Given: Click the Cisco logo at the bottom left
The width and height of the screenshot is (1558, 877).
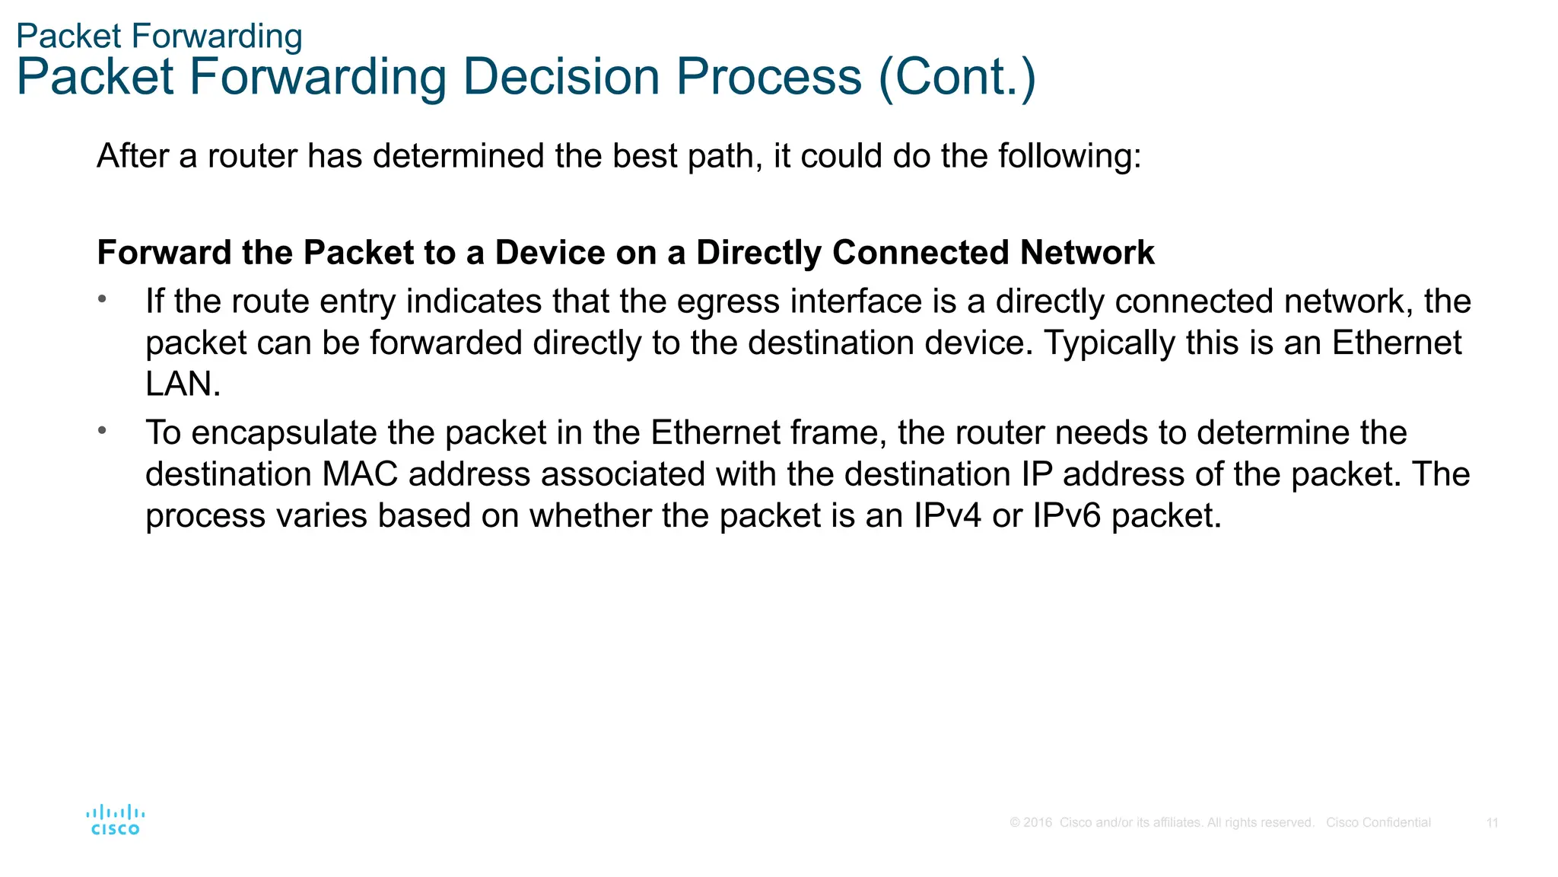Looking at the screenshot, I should tap(115, 820).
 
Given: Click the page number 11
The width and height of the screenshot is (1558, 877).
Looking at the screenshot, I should tap(1492, 823).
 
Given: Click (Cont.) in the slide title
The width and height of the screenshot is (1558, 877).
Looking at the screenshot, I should tap(956, 77).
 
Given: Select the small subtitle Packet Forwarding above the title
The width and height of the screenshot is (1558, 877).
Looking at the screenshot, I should tap(159, 37).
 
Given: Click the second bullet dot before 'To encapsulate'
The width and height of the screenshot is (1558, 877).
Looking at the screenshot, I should tap(102, 431).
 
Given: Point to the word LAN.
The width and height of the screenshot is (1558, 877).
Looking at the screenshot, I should tap(182, 384).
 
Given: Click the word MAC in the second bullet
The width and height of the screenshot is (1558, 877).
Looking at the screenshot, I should tap(360, 474).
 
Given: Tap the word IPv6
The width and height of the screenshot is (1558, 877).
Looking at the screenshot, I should tap(1067, 516).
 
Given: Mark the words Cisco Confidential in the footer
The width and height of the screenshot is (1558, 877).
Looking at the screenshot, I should tap(1378, 823).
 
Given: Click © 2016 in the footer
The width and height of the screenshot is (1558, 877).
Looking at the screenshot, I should tap(1031, 823).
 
